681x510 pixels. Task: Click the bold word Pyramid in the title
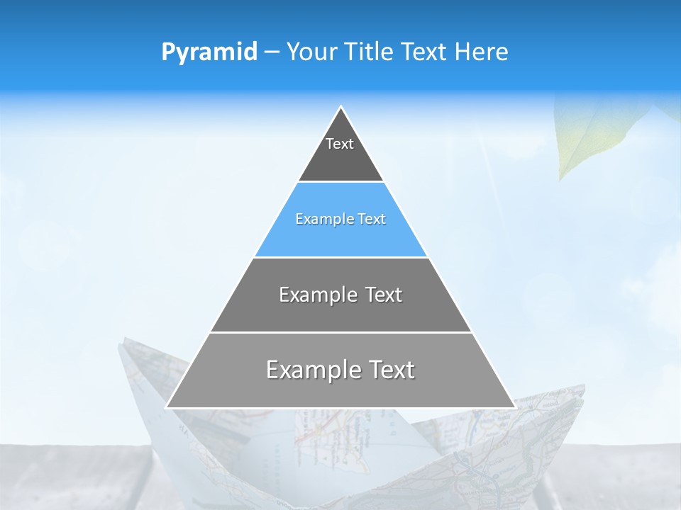tap(209, 52)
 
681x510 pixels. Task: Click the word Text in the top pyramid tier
tap(340, 144)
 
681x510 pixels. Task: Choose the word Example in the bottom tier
tap(311, 370)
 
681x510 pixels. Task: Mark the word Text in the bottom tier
tap(389, 370)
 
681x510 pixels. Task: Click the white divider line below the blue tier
tap(340, 257)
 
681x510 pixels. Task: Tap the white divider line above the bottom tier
tap(340, 332)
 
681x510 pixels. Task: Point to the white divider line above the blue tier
tap(340, 182)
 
